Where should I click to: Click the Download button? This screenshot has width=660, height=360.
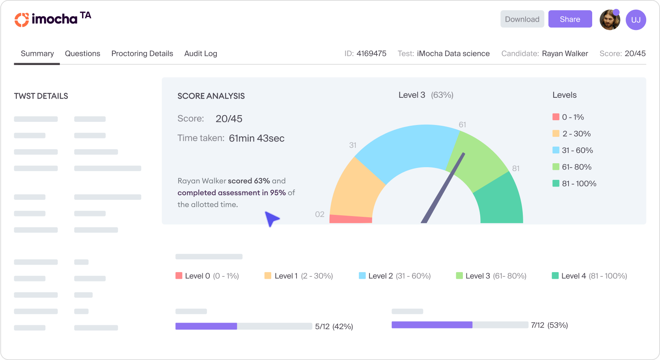522,19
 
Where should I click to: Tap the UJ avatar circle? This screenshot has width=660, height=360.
636,20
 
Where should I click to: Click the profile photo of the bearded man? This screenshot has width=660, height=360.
610,20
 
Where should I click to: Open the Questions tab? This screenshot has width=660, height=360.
82,54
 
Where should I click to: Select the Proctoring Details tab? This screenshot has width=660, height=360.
142,54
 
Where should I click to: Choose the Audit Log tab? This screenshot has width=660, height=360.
201,54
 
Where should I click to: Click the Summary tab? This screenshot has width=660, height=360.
37,54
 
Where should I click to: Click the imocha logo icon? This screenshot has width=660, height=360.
22,20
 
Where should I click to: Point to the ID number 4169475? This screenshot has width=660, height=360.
371,54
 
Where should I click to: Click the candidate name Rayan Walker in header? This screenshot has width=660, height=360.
565,54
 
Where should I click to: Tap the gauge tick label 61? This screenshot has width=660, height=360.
462,125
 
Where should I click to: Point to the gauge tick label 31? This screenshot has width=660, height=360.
353,145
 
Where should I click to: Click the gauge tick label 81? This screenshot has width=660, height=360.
516,168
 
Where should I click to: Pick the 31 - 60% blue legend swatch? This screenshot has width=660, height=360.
556,150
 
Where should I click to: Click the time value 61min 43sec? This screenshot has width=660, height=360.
257,138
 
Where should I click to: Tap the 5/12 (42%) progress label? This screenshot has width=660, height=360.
334,326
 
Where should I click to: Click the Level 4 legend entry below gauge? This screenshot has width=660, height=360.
589,276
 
